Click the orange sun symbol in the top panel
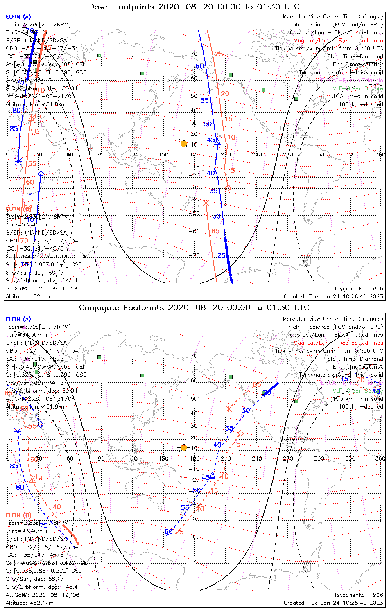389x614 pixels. (x=184, y=144)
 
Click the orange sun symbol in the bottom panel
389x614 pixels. (x=184, y=447)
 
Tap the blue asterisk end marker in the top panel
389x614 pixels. (x=18, y=161)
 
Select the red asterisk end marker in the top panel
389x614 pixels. (x=206, y=203)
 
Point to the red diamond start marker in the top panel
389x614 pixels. (x=228, y=188)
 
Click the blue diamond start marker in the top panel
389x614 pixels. (x=41, y=174)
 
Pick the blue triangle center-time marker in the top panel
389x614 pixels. (x=217, y=142)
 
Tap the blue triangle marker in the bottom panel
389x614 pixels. (x=212, y=476)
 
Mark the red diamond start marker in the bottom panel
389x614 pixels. (x=241, y=433)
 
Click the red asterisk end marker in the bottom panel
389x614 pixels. (x=229, y=409)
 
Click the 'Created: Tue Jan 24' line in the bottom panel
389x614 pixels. (x=333, y=603)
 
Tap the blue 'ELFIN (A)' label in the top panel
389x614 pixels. (x=18, y=17)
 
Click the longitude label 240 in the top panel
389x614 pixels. (x=257, y=154)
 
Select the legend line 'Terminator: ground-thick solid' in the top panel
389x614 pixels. (x=341, y=72)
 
